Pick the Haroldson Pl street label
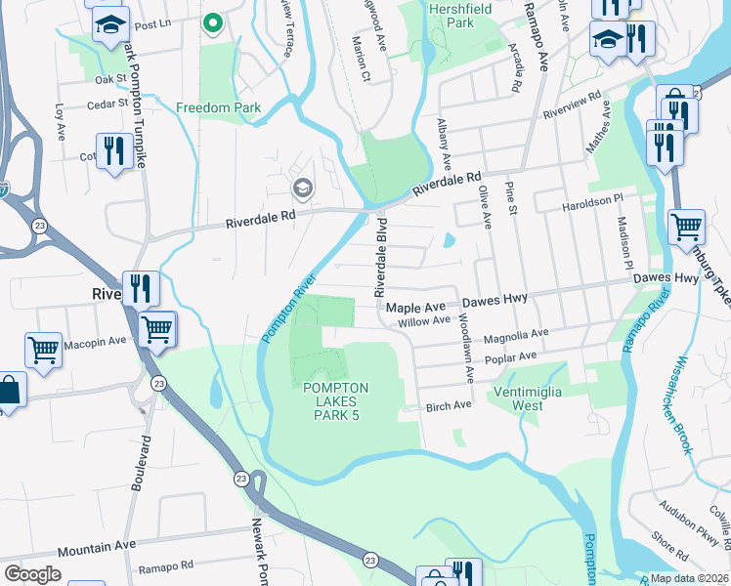pyautogui.click(x=592, y=201)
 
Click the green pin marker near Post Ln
pyautogui.click(x=212, y=21)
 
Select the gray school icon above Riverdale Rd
pyautogui.click(x=302, y=187)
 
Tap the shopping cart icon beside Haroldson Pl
pyautogui.click(x=686, y=227)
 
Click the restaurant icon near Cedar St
pyautogui.click(x=116, y=151)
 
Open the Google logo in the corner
pyautogui.click(x=32, y=574)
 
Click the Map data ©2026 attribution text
pyautogui.click(x=689, y=578)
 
